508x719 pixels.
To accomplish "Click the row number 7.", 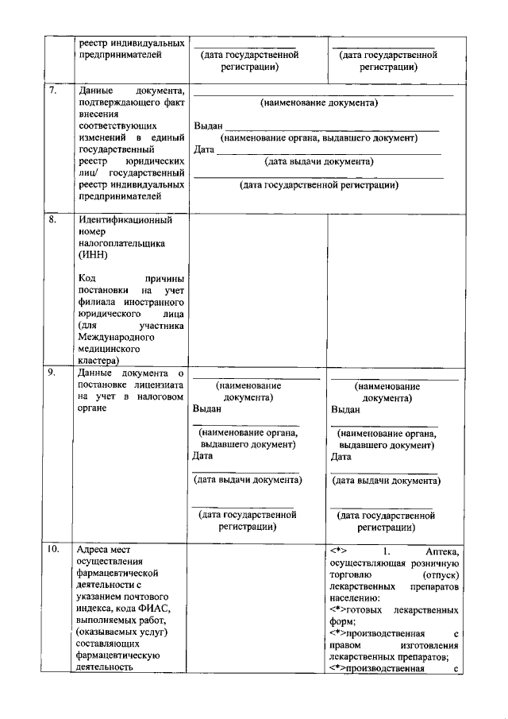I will point(52,90).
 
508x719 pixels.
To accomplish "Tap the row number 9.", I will point(52,372).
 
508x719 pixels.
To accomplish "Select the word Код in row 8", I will point(88,279).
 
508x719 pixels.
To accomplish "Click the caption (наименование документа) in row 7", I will point(319,102).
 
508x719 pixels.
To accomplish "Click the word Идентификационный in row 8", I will point(125,220).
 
